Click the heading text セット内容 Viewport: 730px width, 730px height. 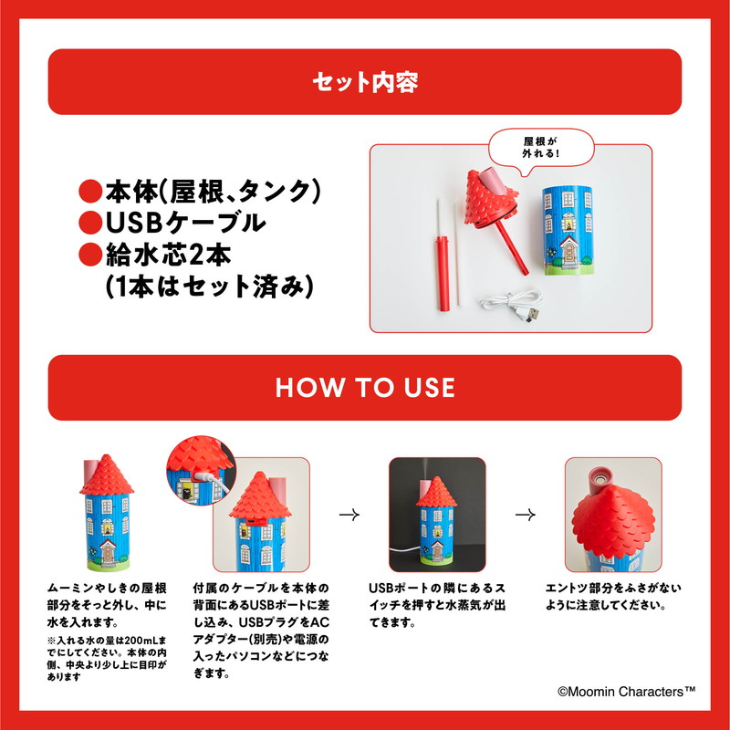365,82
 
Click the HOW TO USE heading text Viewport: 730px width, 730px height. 365,388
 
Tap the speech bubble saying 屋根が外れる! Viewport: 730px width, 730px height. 541,148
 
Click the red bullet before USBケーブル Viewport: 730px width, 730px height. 90,223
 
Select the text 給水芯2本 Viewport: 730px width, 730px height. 169,255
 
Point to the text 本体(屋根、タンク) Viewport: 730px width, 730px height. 214,192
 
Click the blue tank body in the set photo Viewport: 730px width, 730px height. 567,231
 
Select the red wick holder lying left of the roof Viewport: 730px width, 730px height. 443,273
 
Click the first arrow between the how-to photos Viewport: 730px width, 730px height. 349,515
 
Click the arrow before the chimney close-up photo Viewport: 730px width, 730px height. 526,515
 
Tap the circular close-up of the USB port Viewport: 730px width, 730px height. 201,471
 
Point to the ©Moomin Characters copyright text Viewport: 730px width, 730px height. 627,692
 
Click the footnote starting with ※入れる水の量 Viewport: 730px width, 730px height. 107,658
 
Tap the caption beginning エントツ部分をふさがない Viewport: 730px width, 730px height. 613,597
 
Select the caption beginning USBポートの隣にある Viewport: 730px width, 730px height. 437,605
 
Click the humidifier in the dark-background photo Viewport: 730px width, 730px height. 436,523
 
